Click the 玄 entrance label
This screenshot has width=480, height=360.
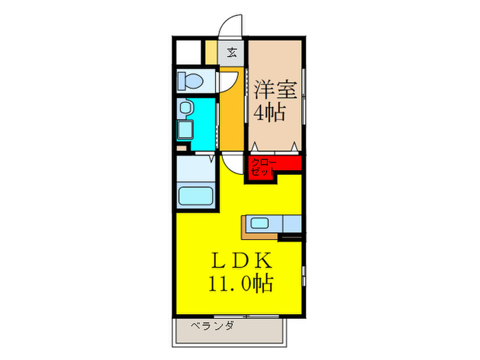tap(232, 51)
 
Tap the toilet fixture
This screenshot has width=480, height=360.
tap(191, 82)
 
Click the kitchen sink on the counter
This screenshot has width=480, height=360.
tap(261, 222)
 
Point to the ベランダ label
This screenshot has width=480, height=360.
tap(212, 326)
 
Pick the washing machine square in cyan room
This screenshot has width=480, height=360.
tap(185, 130)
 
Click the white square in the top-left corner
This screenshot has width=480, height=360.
tap(187, 52)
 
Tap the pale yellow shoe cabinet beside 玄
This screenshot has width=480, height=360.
tap(211, 52)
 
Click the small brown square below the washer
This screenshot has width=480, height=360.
tap(180, 146)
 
